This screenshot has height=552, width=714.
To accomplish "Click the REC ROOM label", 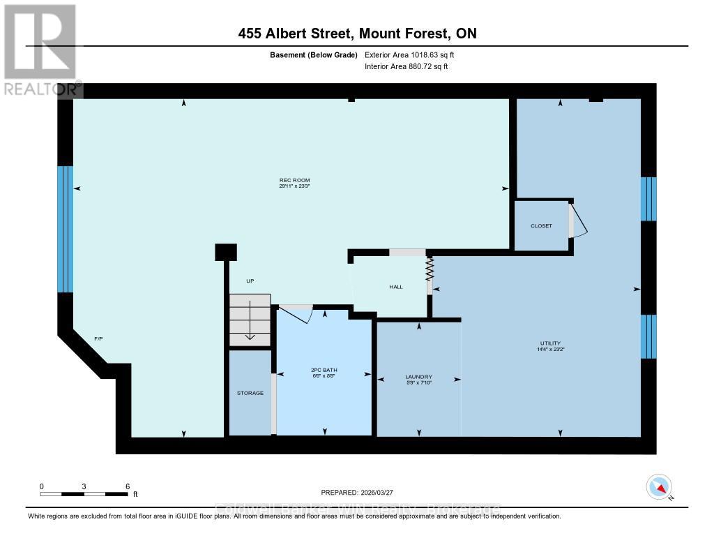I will point(294,180).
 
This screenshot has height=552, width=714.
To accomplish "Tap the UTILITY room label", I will point(550,343).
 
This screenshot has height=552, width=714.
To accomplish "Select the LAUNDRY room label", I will point(418,377).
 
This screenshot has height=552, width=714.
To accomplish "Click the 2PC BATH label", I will point(324,370).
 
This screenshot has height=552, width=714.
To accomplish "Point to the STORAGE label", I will point(250,393).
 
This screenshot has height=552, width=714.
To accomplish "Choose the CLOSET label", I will point(541,226).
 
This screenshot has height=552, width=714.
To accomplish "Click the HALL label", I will point(395,287).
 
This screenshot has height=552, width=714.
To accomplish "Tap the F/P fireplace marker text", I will point(98,338).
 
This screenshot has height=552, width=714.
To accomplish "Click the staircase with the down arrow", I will point(250,320).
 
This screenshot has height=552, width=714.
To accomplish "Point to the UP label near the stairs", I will point(250,281).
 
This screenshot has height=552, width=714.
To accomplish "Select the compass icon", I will point(659,486).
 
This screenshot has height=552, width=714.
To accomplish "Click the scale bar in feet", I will point(84,493).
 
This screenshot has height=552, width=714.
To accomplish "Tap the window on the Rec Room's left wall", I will point(65,229).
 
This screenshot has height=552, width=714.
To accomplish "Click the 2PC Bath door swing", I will point(296,313).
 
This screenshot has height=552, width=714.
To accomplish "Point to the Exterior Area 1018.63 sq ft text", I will point(409,54).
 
